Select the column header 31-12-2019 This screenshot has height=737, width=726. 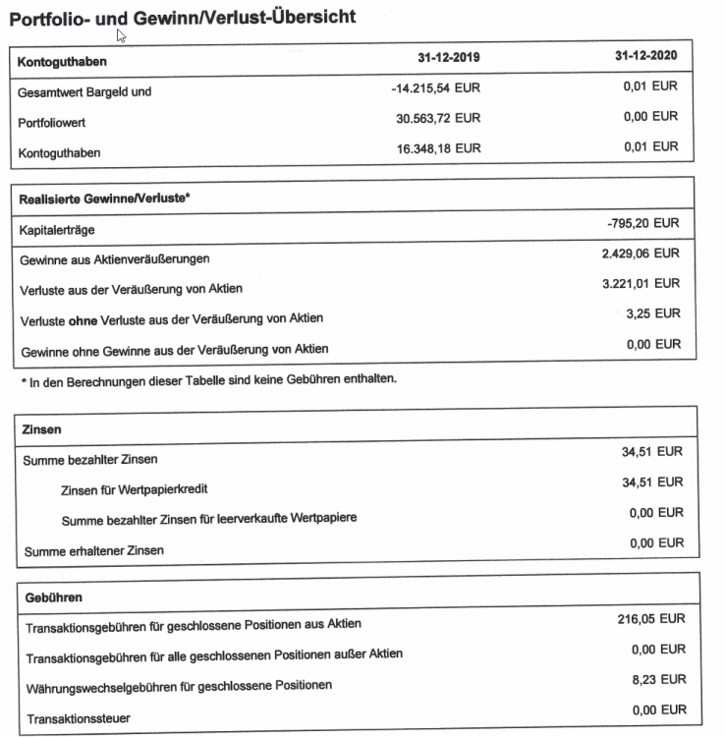click(449, 58)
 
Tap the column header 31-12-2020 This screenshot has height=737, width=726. click(646, 57)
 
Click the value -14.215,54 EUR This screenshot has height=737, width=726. click(435, 88)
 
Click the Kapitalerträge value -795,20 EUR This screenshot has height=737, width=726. click(642, 225)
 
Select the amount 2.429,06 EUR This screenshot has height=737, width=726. click(641, 254)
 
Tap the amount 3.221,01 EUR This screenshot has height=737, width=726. click(641, 284)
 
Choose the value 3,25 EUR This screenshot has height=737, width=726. click(652, 313)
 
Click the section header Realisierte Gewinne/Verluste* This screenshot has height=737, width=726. click(104, 198)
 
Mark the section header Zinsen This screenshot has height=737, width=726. click(42, 429)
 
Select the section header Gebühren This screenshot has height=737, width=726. click(49, 596)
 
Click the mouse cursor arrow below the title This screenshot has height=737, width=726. click(121, 36)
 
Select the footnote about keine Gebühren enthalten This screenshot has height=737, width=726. click(207, 378)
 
